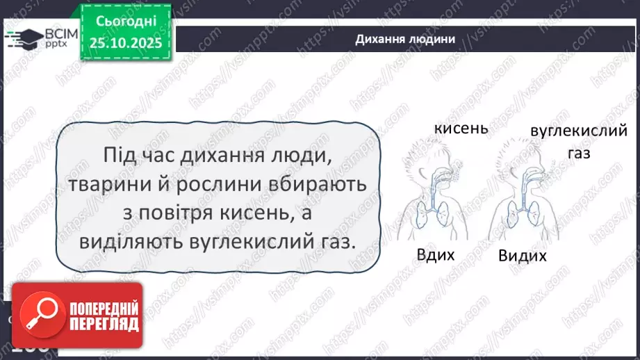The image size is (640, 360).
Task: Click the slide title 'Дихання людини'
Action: [405, 39]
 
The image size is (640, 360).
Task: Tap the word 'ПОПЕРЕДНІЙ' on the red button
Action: [104, 309]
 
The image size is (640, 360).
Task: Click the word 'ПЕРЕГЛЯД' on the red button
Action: [104, 325]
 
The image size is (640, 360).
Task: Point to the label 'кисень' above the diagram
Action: [461, 129]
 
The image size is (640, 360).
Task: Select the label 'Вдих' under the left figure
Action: [436, 254]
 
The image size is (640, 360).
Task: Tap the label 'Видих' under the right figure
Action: [522, 256]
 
